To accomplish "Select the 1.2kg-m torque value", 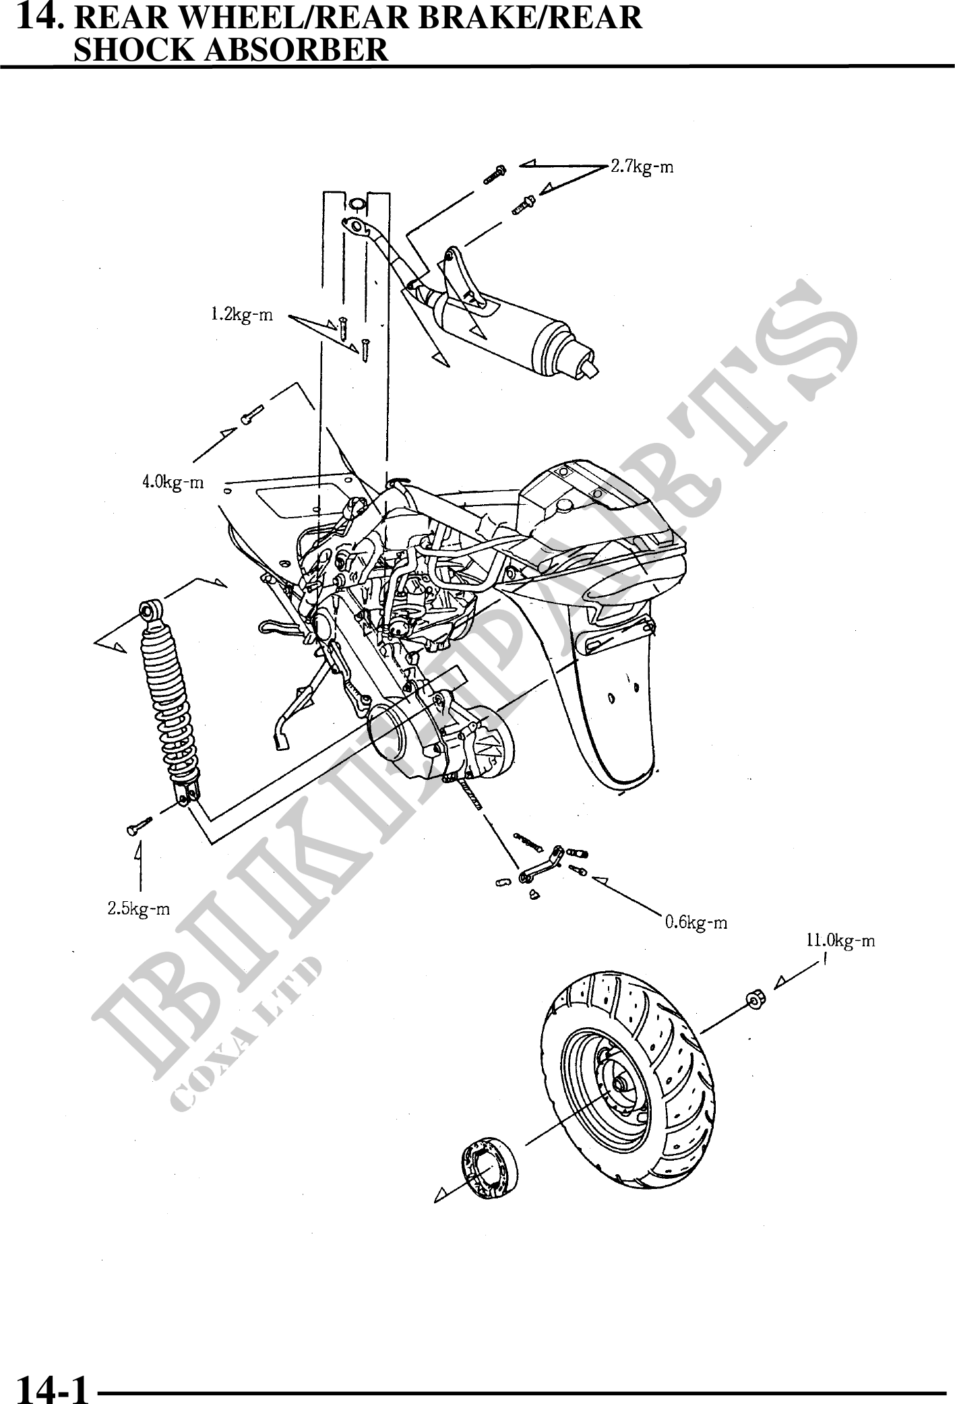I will click(241, 315).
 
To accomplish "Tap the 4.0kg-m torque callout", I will click(173, 483).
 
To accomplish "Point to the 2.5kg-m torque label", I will click(139, 909).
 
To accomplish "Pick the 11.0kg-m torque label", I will click(840, 940).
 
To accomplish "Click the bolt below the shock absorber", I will click(138, 825).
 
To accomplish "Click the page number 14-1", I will click(53, 1388).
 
